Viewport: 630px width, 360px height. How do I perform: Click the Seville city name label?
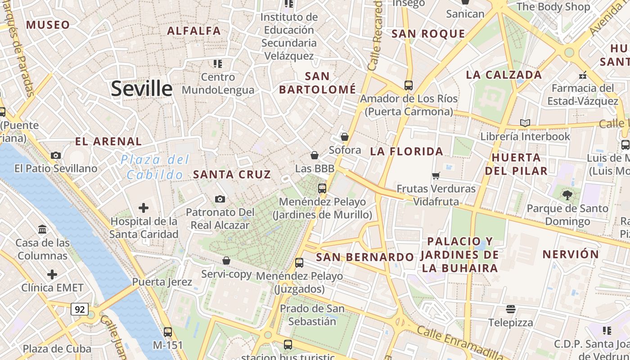click(x=141, y=88)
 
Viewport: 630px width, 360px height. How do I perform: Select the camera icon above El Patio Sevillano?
click(x=56, y=156)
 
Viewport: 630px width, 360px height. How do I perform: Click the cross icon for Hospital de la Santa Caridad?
click(x=144, y=208)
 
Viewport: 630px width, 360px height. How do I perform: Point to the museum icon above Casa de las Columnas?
click(x=43, y=230)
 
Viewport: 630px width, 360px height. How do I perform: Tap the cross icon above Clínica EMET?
click(x=52, y=274)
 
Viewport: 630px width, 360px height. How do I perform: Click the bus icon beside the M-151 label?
click(x=168, y=332)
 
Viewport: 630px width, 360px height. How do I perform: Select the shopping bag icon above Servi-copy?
click(x=226, y=261)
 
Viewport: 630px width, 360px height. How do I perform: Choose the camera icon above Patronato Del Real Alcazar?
click(x=220, y=199)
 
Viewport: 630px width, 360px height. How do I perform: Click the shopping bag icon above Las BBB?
click(x=315, y=155)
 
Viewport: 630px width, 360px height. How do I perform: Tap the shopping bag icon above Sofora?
click(x=345, y=137)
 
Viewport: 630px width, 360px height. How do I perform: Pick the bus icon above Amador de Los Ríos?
click(x=409, y=85)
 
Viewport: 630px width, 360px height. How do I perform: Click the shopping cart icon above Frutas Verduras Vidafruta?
click(x=436, y=175)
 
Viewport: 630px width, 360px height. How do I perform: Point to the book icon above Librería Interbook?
click(x=525, y=123)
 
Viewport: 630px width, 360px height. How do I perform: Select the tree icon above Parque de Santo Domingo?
click(x=567, y=195)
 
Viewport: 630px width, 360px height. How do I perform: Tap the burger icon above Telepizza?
click(x=511, y=309)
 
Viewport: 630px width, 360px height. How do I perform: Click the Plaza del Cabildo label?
click(x=155, y=167)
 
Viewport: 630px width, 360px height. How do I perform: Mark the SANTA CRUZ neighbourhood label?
click(x=232, y=175)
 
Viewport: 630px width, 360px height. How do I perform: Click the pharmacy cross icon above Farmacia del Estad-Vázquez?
click(x=583, y=75)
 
